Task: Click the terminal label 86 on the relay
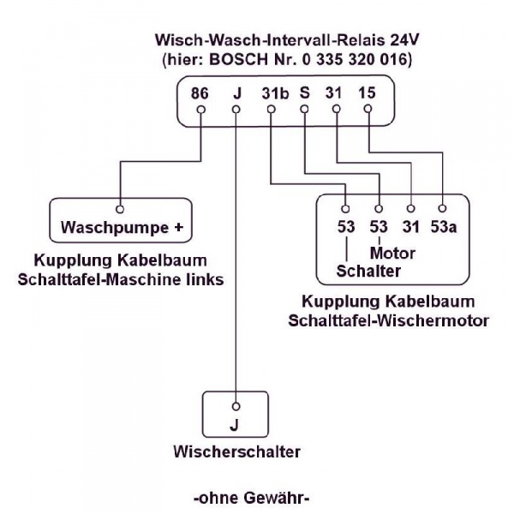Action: pyautogui.click(x=200, y=91)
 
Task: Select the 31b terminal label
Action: pyautogui.click(x=272, y=91)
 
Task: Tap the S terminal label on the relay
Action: pyautogui.click(x=304, y=91)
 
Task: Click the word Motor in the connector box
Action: pyautogui.click(x=392, y=254)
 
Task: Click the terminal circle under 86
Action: pyautogui.click(x=200, y=109)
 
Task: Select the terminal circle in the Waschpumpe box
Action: pyautogui.click(x=121, y=208)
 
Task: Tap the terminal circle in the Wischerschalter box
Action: pyautogui.click(x=236, y=404)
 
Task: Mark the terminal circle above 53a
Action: pyautogui.click(x=442, y=208)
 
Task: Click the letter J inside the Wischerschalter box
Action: pyautogui.click(x=236, y=424)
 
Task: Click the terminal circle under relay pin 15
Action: pyautogui.click(x=368, y=109)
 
